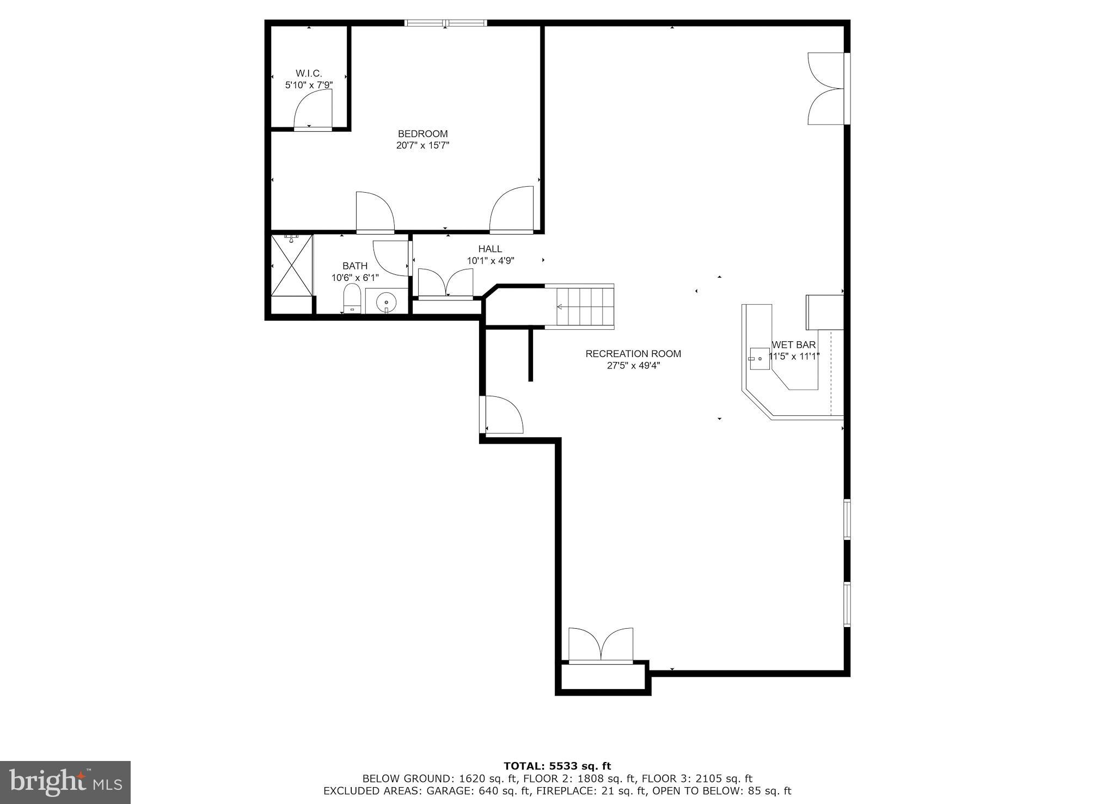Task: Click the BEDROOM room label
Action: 422,133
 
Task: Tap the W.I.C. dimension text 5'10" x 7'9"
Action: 309,85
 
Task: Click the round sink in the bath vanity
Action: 386,302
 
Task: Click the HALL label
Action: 490,249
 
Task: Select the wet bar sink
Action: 759,359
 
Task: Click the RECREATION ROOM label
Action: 633,354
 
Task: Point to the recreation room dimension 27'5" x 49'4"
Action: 633,366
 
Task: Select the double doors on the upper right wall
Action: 826,88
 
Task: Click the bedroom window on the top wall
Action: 446,23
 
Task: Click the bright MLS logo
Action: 65,783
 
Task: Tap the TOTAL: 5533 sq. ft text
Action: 557,766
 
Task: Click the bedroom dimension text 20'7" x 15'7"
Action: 422,145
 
